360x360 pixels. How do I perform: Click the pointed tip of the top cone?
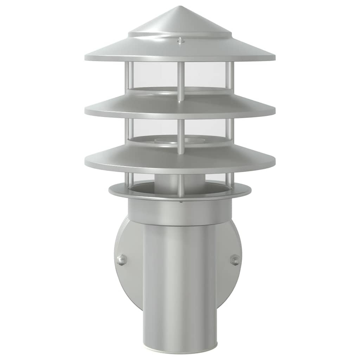pyautogui.click(x=180, y=7)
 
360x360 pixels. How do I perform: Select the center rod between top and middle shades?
pyautogui.click(x=180, y=81)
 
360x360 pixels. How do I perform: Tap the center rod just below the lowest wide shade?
pyautogui.click(x=180, y=185)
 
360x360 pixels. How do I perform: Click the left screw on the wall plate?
pyautogui.click(x=122, y=260)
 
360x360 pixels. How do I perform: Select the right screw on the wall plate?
pyautogui.click(x=235, y=260)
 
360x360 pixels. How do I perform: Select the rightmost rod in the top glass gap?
pyautogui.click(x=229, y=76)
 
